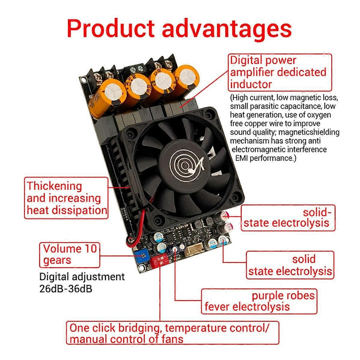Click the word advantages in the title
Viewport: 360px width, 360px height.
(x=227, y=30)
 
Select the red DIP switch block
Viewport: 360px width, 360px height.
(x=161, y=261)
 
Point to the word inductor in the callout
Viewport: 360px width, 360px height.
(x=251, y=84)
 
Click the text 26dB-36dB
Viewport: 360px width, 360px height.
(x=66, y=289)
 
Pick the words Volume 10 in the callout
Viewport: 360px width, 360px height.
(x=70, y=249)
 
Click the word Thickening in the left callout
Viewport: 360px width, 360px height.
(x=54, y=186)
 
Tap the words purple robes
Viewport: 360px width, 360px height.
(x=283, y=296)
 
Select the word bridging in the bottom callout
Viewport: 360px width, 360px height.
(x=139, y=328)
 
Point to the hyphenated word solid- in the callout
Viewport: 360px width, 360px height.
(x=317, y=212)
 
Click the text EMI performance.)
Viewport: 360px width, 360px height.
(x=266, y=158)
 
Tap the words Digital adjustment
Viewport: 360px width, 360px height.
(x=82, y=277)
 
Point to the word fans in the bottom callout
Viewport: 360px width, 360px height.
(x=172, y=339)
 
